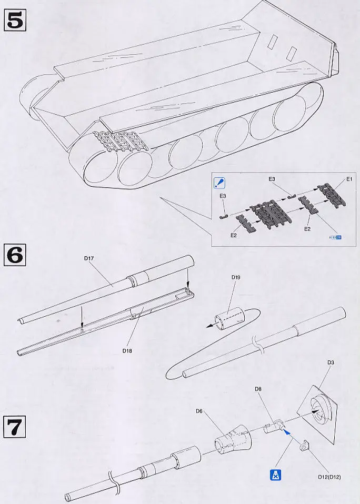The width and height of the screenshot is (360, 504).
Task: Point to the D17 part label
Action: click(89, 258)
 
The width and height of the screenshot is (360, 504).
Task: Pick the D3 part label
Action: click(331, 362)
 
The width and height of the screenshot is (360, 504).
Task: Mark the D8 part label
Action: click(258, 389)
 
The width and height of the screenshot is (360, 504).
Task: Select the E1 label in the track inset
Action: click(349, 179)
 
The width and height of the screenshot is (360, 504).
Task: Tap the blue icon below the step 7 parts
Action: click(274, 475)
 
